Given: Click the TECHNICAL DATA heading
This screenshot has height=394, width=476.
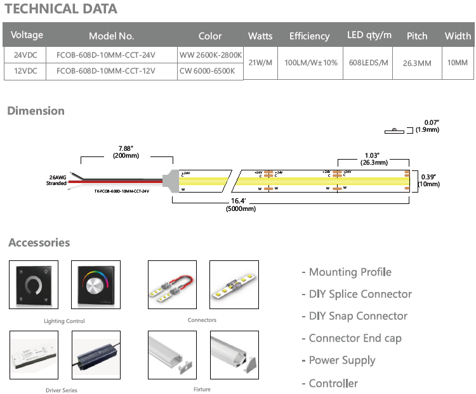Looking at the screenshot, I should (x=61, y=9).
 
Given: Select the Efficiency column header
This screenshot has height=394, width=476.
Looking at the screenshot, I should (x=309, y=36).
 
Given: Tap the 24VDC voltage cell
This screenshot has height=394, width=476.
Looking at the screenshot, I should (x=25, y=54).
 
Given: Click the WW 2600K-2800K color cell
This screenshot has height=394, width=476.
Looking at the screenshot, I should (x=211, y=54).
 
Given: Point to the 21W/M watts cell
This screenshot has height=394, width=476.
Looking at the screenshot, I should (x=260, y=63).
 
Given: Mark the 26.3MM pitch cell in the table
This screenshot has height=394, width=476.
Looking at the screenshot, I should (x=417, y=63).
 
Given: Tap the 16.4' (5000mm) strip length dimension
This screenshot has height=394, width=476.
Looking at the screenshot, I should (x=241, y=205).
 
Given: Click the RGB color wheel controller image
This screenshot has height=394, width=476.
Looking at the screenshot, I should (x=96, y=285).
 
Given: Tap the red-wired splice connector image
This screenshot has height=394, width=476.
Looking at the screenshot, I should (x=171, y=286).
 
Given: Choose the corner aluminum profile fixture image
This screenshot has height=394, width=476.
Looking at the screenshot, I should (x=234, y=356).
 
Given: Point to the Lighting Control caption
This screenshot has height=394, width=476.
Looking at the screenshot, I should (x=64, y=321).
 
